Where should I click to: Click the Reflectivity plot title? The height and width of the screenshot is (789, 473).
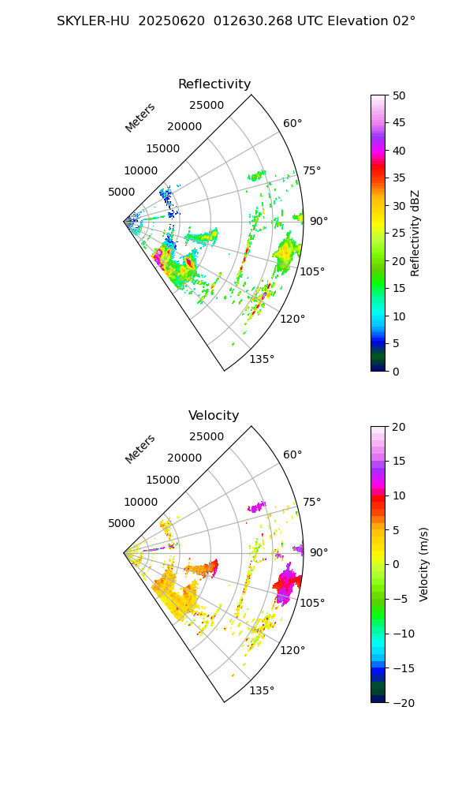click(214, 84)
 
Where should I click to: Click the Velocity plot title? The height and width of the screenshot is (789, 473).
click(214, 416)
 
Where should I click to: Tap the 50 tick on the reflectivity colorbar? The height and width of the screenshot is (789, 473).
click(400, 95)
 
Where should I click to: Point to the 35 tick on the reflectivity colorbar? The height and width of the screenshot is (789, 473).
click(400, 178)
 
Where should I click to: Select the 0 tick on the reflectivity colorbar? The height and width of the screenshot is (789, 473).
click(400, 371)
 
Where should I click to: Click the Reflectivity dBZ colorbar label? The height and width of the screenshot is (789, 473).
click(415, 233)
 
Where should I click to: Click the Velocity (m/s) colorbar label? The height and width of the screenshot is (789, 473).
click(424, 564)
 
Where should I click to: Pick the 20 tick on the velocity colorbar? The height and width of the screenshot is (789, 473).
click(400, 427)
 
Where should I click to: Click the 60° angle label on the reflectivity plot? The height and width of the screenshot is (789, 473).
click(292, 123)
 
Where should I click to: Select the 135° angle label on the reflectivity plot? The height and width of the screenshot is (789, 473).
click(262, 360)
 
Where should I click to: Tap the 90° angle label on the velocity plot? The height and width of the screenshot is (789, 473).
click(318, 552)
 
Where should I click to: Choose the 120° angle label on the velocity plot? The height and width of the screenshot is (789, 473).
click(292, 650)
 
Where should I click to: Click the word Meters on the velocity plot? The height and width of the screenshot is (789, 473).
click(140, 449)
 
